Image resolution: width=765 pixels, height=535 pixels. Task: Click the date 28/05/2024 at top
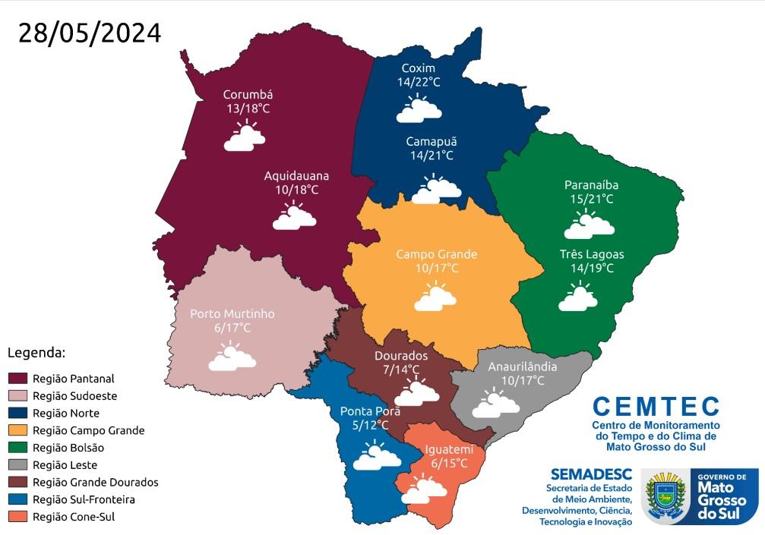(x=90, y=33)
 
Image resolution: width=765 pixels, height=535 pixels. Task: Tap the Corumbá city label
(x=248, y=95)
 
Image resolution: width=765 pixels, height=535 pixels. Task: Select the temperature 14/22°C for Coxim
(x=419, y=82)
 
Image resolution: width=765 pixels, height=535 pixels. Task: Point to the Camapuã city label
(x=431, y=142)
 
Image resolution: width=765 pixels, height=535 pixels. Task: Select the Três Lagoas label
(x=586, y=254)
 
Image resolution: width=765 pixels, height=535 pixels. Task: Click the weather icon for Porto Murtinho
(x=232, y=357)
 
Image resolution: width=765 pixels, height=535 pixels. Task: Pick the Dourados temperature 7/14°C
(x=401, y=370)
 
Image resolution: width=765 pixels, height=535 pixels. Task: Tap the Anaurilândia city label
(x=522, y=367)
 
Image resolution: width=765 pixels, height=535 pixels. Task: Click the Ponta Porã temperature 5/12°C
(x=369, y=426)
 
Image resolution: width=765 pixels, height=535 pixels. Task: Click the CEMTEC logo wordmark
(x=656, y=406)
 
